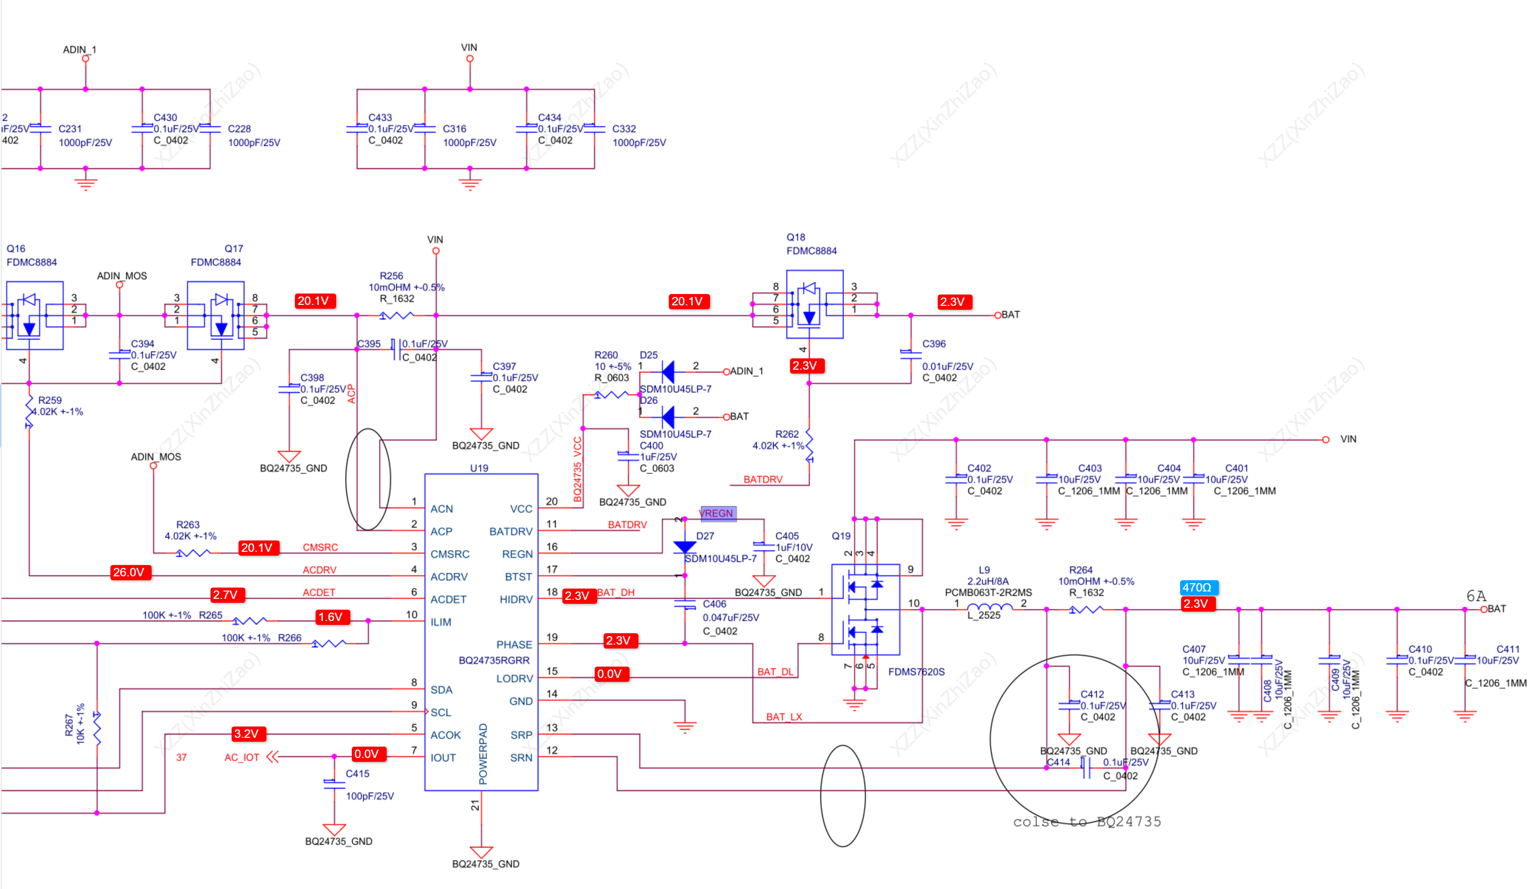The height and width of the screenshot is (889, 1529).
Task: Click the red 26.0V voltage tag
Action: click(x=129, y=572)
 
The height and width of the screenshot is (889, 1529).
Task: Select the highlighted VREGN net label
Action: click(x=718, y=513)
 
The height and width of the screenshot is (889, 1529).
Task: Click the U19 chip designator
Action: click(x=479, y=468)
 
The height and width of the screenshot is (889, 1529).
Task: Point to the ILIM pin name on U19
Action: click(x=441, y=622)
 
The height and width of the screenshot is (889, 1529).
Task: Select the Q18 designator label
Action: click(x=795, y=237)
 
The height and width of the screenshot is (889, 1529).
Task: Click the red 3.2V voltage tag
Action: click(x=247, y=734)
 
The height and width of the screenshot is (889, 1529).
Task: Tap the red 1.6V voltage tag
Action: click(x=331, y=617)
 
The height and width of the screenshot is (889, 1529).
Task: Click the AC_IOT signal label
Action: click(x=241, y=757)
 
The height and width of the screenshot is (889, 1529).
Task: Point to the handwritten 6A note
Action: click(x=1476, y=596)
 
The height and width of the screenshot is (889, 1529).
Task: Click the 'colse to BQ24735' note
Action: click(x=1087, y=822)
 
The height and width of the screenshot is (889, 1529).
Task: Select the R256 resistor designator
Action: click(x=392, y=275)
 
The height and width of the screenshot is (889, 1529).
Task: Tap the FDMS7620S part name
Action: click(x=916, y=672)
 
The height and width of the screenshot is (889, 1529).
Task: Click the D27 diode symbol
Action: click(x=685, y=547)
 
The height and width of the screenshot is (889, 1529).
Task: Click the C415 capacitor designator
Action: click(x=357, y=774)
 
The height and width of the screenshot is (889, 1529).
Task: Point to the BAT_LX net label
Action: click(x=784, y=717)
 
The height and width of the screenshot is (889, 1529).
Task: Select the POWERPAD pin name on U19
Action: click(x=483, y=754)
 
